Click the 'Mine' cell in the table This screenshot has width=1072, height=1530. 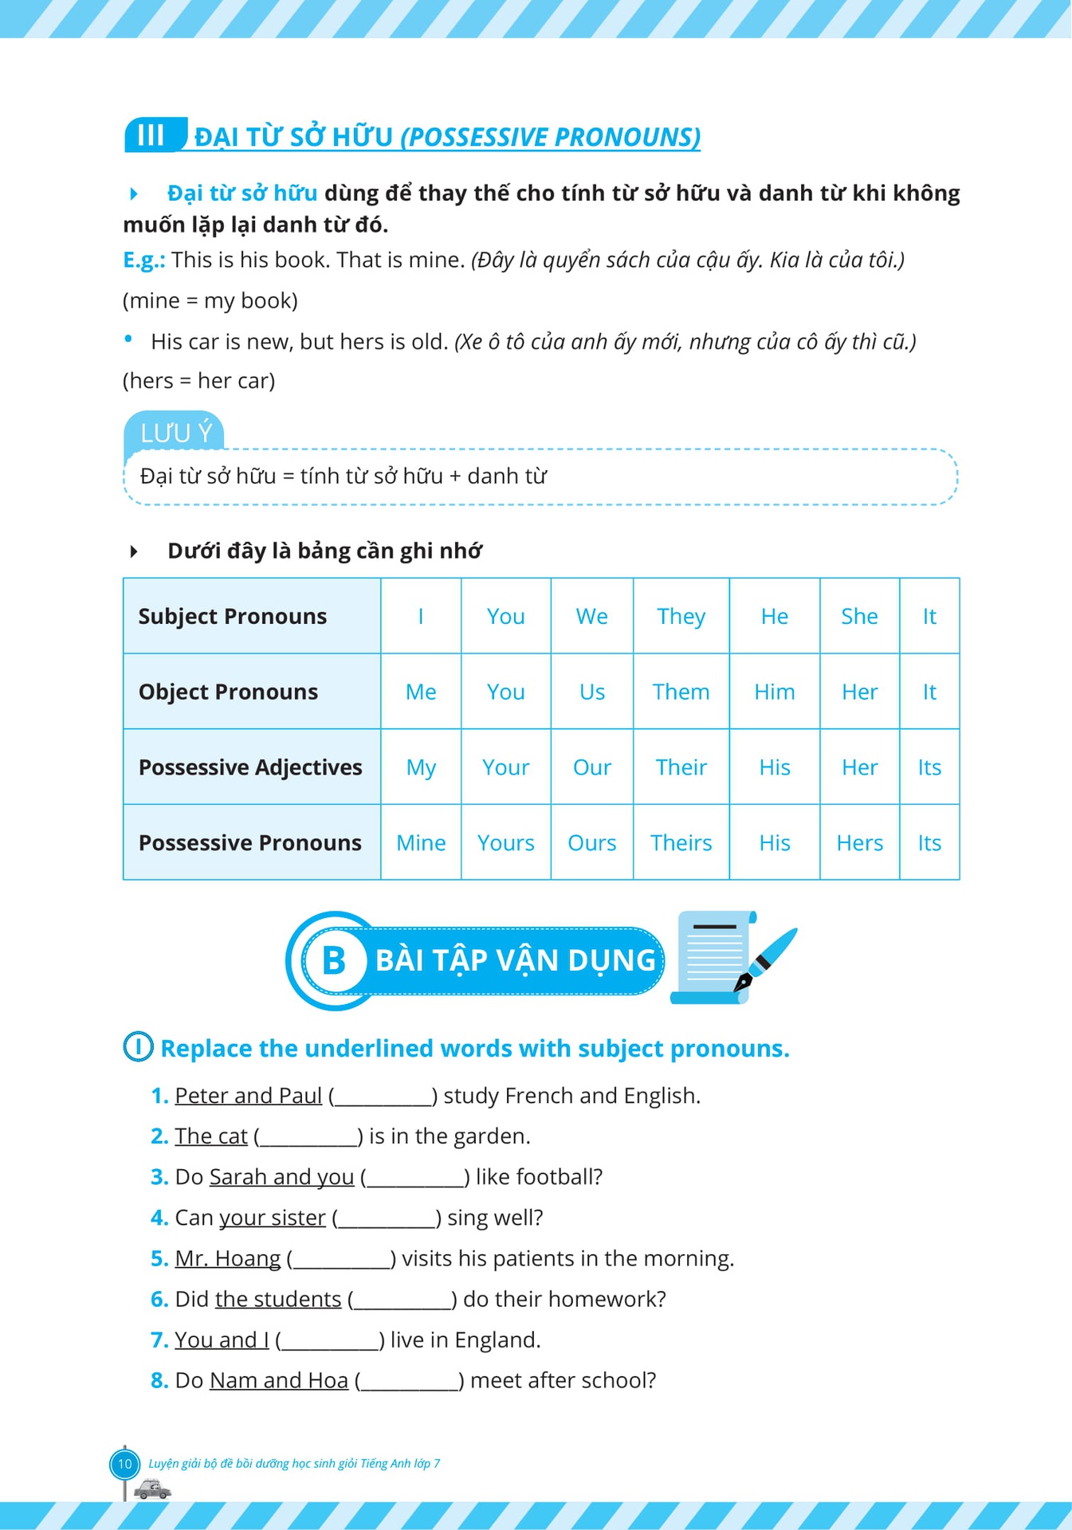[421, 842]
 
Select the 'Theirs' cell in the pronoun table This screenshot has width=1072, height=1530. [681, 842]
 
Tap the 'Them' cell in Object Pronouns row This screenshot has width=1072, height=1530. [681, 692]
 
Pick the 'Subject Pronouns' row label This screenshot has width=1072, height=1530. [233, 616]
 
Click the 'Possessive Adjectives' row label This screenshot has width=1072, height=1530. [250, 767]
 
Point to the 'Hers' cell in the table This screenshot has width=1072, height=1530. [859, 842]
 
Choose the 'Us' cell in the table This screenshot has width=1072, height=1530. [591, 692]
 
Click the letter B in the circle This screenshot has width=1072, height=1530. [334, 960]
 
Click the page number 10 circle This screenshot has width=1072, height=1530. [124, 1464]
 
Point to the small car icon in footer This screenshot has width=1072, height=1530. [151, 1489]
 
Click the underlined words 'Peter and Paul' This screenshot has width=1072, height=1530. [248, 1096]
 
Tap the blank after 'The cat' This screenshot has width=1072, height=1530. [308, 1137]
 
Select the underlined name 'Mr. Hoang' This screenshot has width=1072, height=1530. [227, 1258]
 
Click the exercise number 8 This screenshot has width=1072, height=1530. [159, 1380]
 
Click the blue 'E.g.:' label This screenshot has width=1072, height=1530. [144, 260]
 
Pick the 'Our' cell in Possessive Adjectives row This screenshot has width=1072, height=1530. [591, 767]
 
